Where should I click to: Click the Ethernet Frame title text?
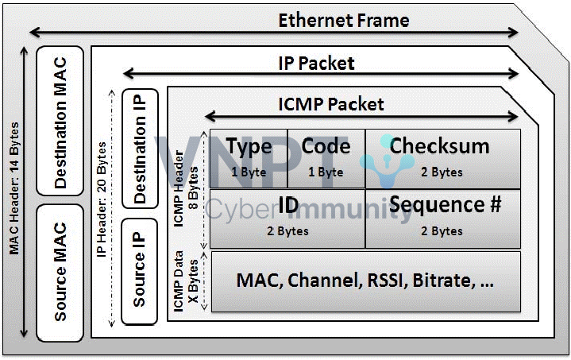coord(343,20)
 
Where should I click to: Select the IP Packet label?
coord(316,62)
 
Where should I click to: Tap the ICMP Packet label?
coord(331,104)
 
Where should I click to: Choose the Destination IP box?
coord(140,148)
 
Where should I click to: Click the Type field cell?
coord(249,158)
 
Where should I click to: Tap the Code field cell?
coord(326,158)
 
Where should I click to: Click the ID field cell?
coord(287,217)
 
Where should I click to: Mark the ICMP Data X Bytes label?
coord(183,280)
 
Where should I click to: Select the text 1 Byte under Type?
coord(248,172)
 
